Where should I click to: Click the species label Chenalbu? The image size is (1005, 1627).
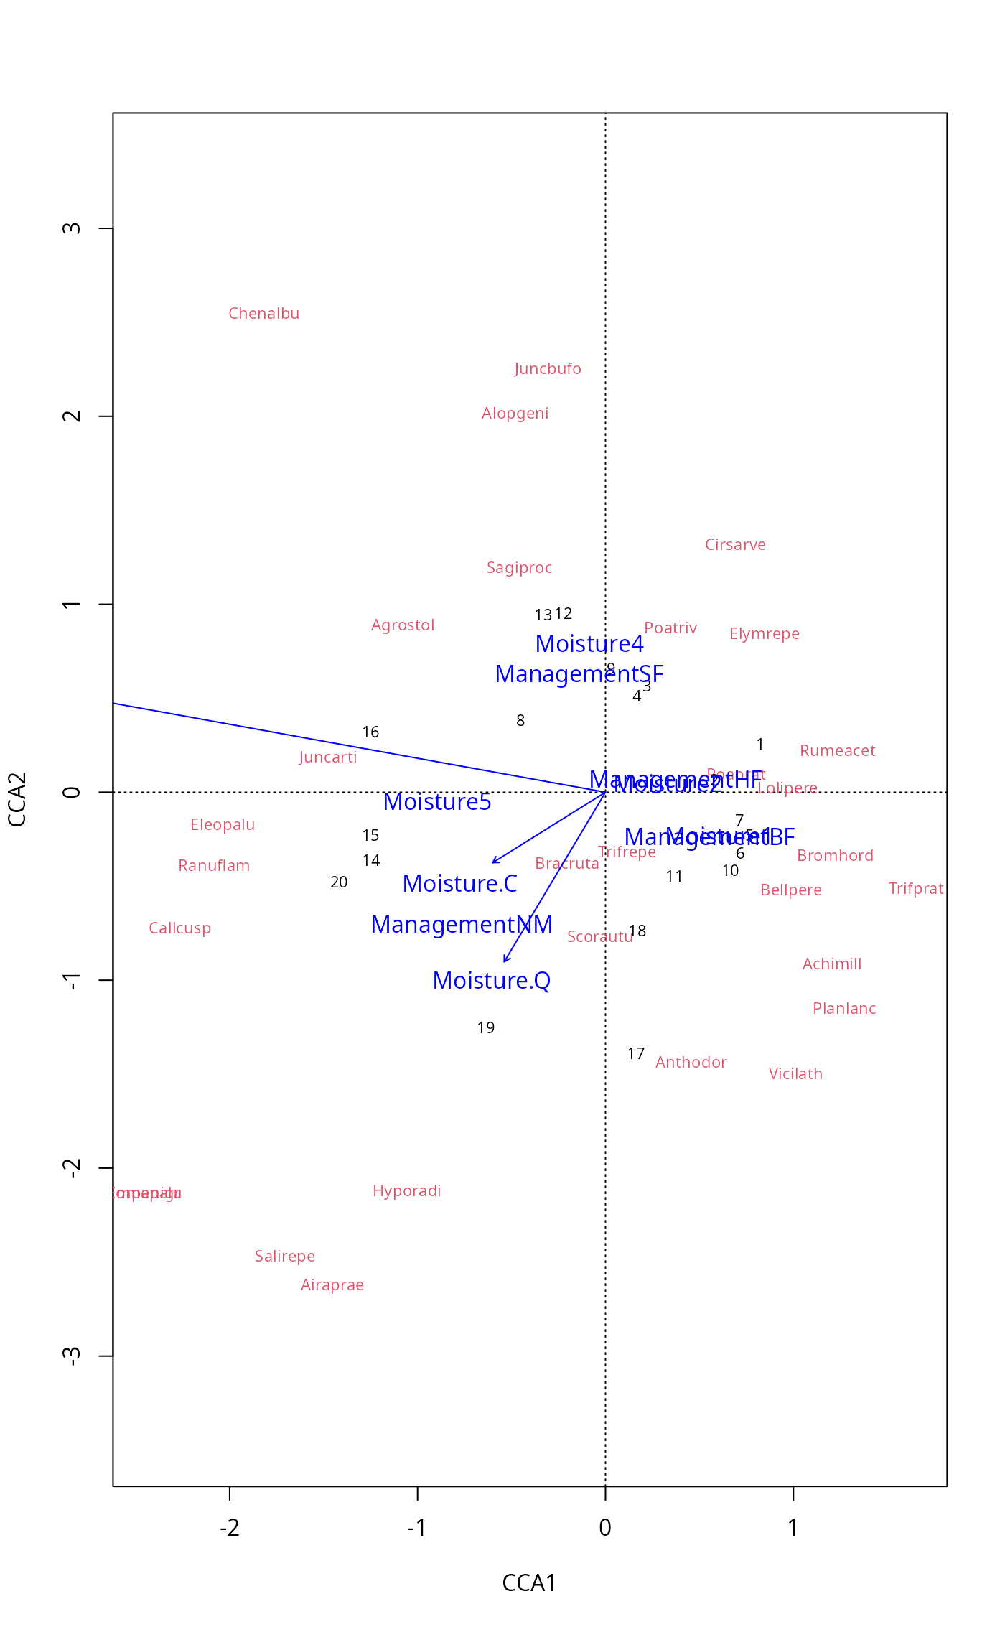[x=263, y=314]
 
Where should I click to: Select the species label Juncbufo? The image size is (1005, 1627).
[x=548, y=369]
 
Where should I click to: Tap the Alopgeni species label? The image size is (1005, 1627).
[x=515, y=414]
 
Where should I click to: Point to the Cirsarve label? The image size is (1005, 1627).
[x=735, y=545]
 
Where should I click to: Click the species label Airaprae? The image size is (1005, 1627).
[x=332, y=1285]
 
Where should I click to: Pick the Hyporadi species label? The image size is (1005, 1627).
[x=406, y=1191]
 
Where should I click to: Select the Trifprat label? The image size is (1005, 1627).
[x=915, y=889]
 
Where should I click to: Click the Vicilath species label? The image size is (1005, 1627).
[x=795, y=1074]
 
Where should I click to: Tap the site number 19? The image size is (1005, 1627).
[x=486, y=1028]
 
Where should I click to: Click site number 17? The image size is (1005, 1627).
[x=635, y=1054]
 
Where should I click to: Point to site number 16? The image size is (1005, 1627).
[x=370, y=732]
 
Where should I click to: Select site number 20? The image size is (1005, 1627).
[x=339, y=882]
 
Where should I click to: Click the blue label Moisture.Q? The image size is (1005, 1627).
[x=491, y=981]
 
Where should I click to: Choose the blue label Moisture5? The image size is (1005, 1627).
[x=436, y=802]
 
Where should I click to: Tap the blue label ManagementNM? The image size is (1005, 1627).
[x=462, y=925]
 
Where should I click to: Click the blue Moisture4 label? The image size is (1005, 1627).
[x=589, y=644]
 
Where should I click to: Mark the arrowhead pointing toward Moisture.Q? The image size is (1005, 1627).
[x=505, y=960]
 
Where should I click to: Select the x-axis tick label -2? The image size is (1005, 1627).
[x=229, y=1528]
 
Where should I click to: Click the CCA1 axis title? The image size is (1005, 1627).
[x=529, y=1583]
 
